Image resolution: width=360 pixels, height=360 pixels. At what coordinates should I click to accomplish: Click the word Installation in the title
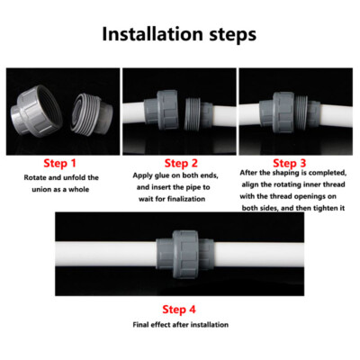[x=149, y=35]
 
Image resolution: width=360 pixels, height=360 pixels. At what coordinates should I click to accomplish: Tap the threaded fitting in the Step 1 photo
[x=93, y=106]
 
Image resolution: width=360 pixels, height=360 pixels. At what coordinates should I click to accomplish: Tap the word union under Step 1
[x=41, y=190]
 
